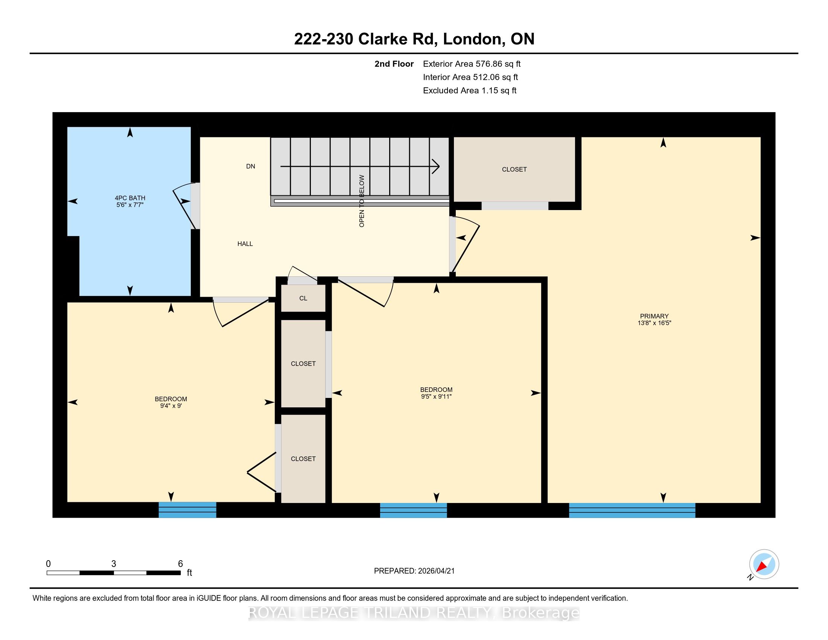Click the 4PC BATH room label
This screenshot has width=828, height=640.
coord(130,198)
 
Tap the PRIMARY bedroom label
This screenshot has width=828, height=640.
coord(654,316)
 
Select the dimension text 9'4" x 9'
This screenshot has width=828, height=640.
coord(170,406)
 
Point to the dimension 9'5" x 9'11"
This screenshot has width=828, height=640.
coord(436,396)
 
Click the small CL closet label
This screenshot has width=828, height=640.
coord(303,299)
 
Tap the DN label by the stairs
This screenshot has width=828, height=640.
coord(251,166)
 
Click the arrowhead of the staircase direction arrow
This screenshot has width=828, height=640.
coord(435,166)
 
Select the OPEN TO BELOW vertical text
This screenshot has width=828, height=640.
coord(362,201)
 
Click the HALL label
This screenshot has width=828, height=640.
coord(245,244)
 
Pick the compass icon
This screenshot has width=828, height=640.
coord(764,564)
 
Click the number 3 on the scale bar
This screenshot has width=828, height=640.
coord(113,564)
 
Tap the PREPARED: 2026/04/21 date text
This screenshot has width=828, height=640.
coord(414,571)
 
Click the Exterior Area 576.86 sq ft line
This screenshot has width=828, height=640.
coord(472,64)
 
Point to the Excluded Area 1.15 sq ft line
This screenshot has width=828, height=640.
coord(470,91)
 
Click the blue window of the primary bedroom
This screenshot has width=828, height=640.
coord(632,510)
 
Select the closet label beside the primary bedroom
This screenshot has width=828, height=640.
coord(514,169)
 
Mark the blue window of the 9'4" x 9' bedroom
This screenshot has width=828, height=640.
coord(187,510)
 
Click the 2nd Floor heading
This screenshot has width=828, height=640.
coord(394,64)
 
